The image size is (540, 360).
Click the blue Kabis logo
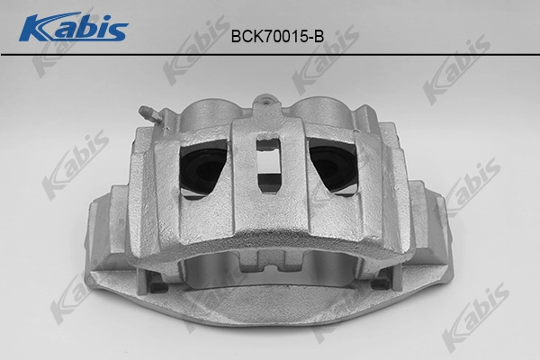pyautogui.click(x=74, y=27)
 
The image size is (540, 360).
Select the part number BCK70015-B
pyautogui.click(x=277, y=36)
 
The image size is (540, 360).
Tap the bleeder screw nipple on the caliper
pyautogui.click(x=148, y=114)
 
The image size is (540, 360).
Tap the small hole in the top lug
pyautogui.click(x=265, y=102)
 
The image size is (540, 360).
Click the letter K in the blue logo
pyautogui.click(x=40, y=27)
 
